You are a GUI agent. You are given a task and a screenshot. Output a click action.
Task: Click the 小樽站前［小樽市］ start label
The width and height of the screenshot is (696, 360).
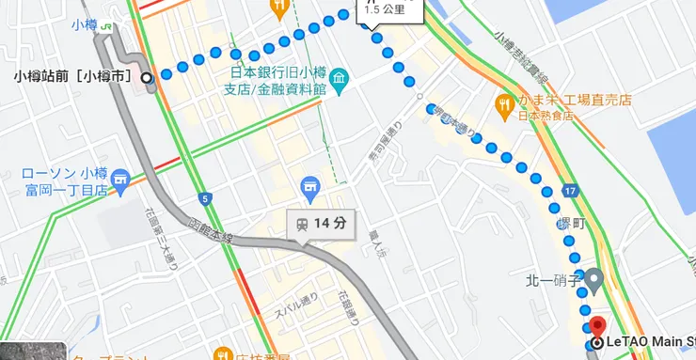pos(74,76)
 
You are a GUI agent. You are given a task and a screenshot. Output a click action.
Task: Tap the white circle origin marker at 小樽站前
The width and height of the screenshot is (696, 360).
pos(148,77)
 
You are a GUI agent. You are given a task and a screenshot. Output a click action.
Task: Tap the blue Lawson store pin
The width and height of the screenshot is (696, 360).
pos(120,179)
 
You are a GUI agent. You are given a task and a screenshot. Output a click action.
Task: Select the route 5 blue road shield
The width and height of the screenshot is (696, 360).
pos(206,198)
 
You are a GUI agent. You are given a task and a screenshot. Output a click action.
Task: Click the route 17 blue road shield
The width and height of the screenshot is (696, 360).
pos(572,192)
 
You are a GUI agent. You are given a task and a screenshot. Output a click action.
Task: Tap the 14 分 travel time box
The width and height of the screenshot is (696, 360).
pos(321,224)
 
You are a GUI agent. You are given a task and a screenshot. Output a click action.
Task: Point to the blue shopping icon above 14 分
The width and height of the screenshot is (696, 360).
pos(308,188)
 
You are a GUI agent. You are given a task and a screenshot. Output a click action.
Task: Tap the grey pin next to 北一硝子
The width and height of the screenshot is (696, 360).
pos(593,279)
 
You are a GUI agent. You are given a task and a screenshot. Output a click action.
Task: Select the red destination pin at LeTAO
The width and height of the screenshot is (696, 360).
pos(597,328)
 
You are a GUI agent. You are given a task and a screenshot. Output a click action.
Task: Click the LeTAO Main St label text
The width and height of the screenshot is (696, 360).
pos(652,342)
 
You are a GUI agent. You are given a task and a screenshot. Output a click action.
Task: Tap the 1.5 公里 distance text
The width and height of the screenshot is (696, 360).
pos(385,9)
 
